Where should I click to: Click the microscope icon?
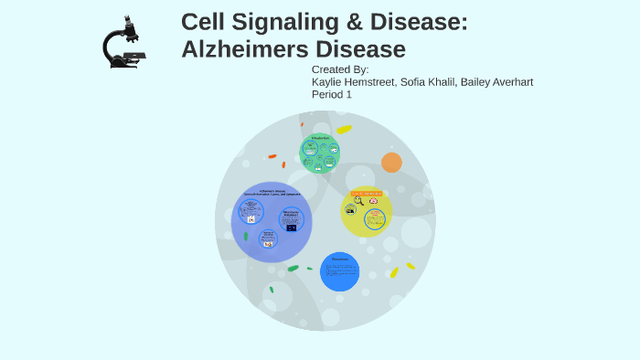pos(123,42)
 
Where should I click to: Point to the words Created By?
pos(340,69)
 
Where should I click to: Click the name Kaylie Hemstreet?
pos(352,82)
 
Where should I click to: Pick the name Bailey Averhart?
pos(498,82)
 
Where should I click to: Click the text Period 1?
pos(332,94)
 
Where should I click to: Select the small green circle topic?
pos(320,154)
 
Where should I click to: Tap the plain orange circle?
pos(391,163)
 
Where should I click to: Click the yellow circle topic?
pos(367,212)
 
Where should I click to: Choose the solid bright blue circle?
pos(339,271)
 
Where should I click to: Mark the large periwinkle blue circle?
pos(272,222)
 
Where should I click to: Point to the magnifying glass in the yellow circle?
pos(358,201)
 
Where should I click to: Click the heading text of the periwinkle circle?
pos(272,193)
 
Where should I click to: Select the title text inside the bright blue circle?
pos(339,259)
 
